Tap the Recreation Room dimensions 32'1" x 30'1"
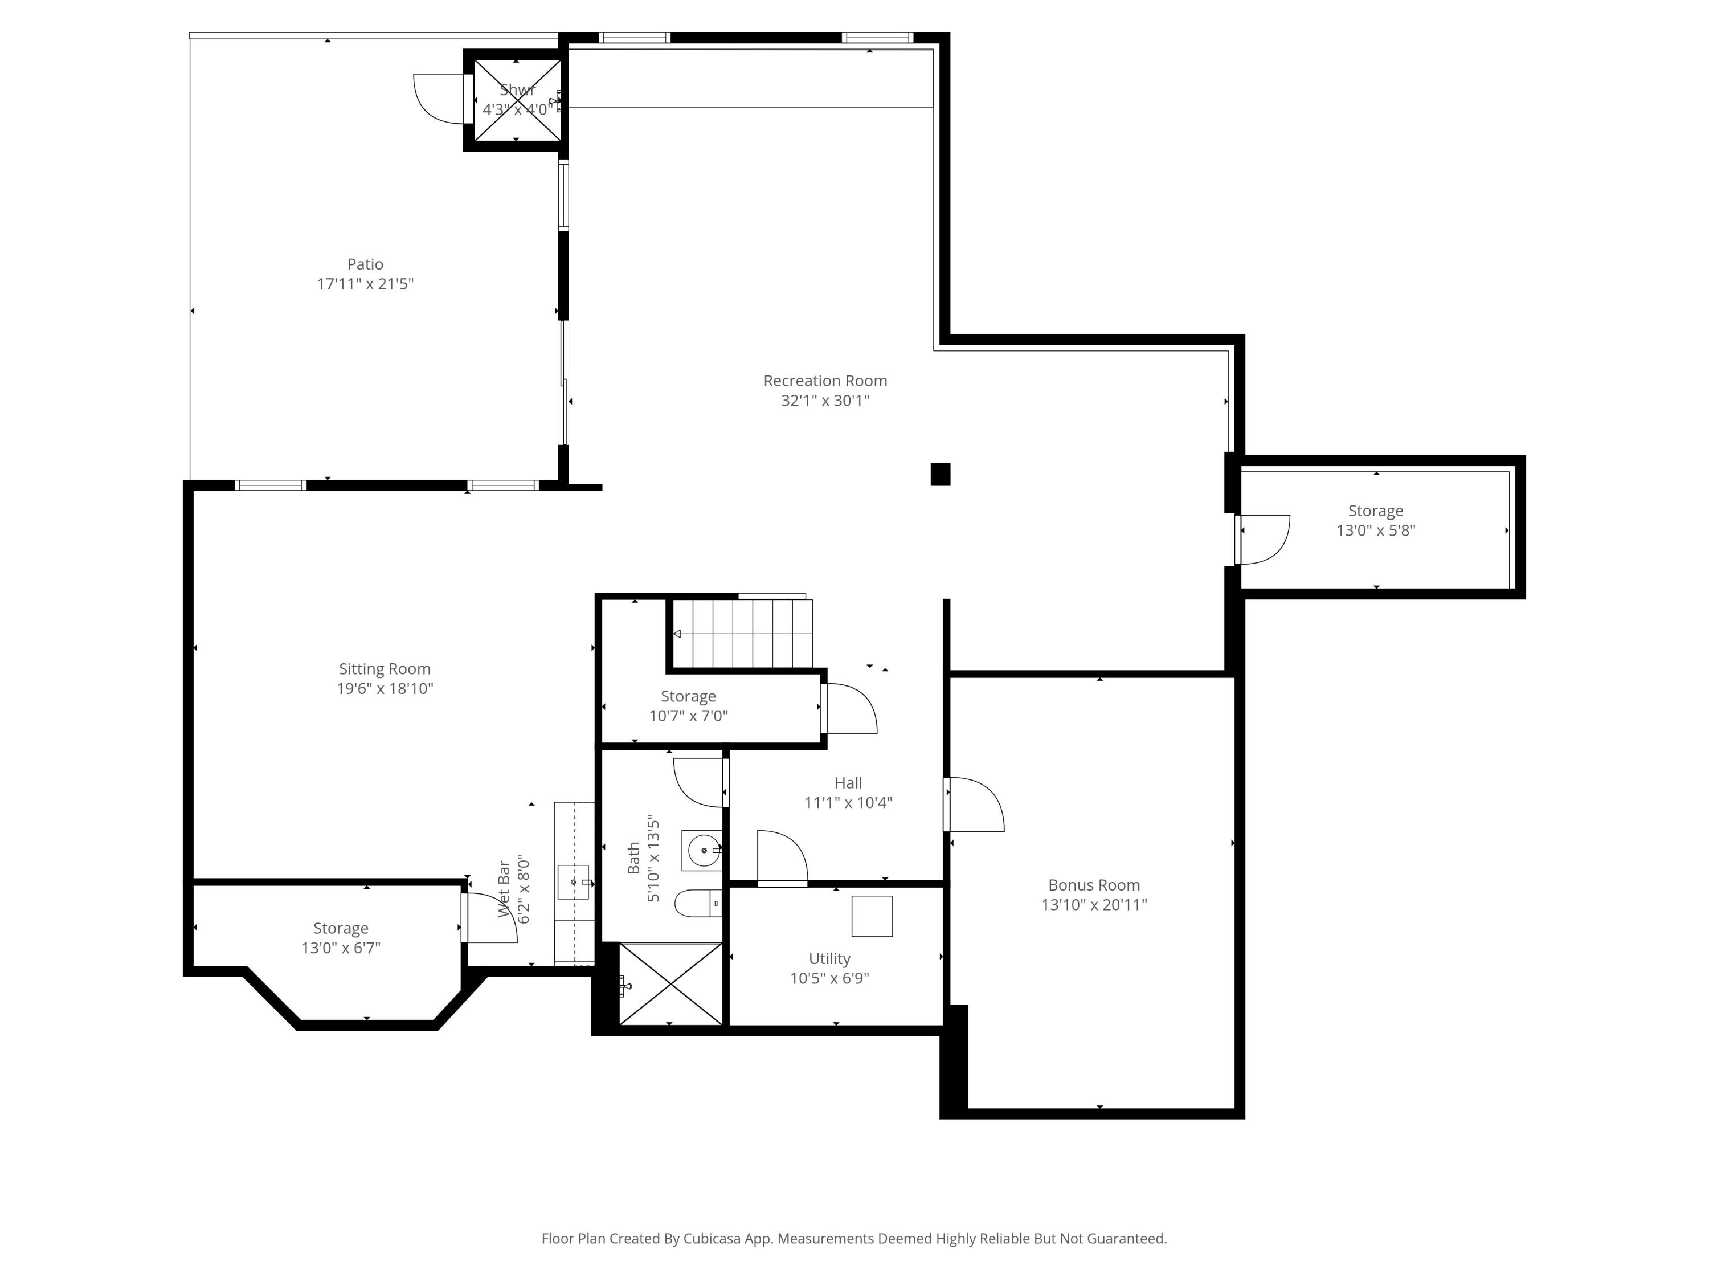[x=825, y=401]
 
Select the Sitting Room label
[x=384, y=669]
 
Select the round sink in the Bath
[x=703, y=850]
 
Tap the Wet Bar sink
[x=573, y=881]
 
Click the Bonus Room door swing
[x=975, y=805]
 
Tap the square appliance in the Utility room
[x=872, y=916]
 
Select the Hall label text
[x=848, y=783]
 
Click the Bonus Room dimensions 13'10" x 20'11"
[x=1093, y=905]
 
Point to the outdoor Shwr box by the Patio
[x=517, y=100]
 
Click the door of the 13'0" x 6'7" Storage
[x=488, y=918]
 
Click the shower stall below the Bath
[x=670, y=983]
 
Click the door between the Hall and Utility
[x=782, y=859]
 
